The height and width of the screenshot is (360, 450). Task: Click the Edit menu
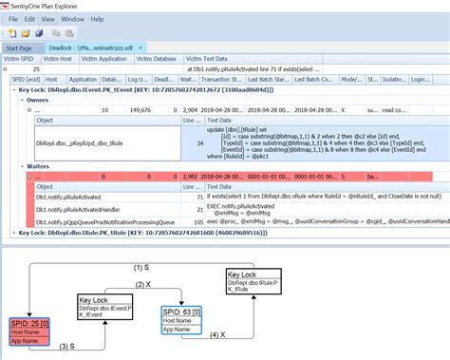(x=31, y=18)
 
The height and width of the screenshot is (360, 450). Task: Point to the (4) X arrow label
(x=215, y=334)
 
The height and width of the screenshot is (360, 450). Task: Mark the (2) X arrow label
(x=142, y=284)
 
